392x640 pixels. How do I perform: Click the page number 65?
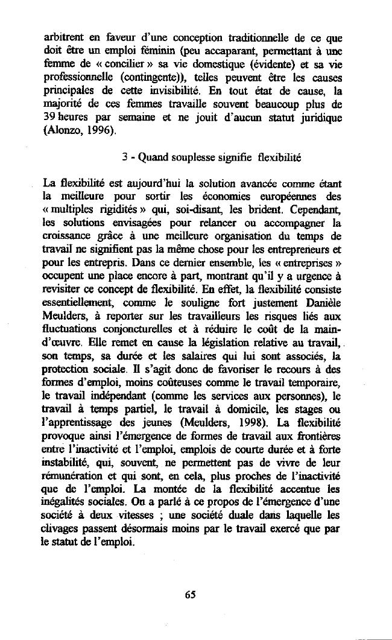click(191, 594)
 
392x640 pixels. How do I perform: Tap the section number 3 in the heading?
click(123, 158)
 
